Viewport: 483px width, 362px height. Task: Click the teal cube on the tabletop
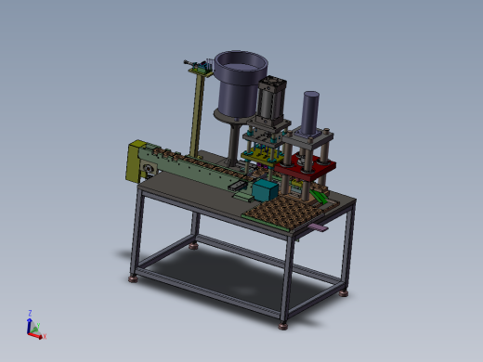(x=264, y=191)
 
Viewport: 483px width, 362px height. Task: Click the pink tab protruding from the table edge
(x=319, y=226)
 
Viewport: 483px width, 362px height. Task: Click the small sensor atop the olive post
(x=195, y=65)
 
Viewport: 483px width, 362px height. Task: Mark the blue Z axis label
(x=30, y=313)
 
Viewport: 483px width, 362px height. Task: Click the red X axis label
(x=44, y=336)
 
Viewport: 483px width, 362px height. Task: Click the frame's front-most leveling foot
(x=282, y=323)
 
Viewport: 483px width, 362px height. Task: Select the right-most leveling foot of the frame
(x=345, y=292)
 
